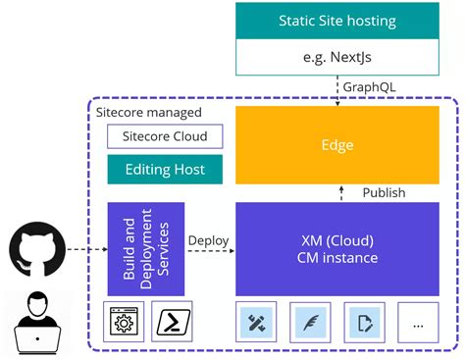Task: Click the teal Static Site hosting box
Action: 336,20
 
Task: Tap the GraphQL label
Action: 370,87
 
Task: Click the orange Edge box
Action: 336,145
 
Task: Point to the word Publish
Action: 384,192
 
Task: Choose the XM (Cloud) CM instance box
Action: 336,249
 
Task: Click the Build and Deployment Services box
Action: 145,249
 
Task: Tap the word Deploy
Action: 208,239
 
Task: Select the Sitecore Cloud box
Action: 164,135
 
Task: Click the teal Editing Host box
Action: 164,169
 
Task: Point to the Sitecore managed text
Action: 145,112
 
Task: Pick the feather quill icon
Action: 313,322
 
